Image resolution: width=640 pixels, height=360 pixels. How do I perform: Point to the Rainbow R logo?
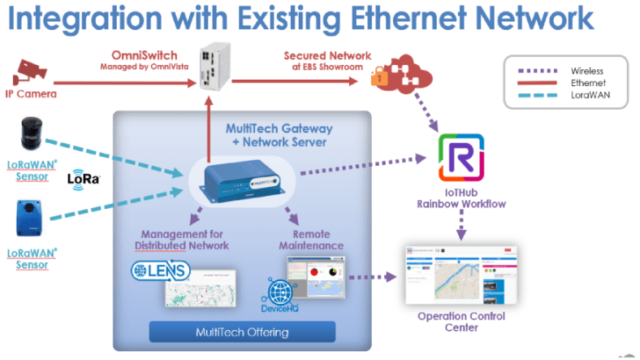pos(461,155)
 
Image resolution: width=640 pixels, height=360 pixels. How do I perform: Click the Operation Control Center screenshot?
pos(461,275)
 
